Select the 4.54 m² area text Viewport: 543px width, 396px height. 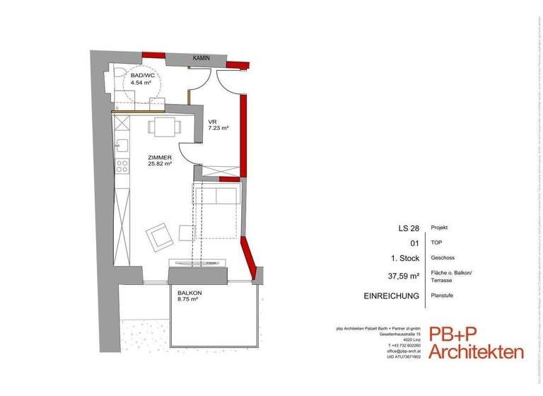(x=141, y=82)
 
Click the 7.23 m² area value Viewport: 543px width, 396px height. (x=217, y=128)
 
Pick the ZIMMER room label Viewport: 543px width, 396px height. (x=159, y=157)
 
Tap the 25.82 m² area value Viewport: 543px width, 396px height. (x=160, y=164)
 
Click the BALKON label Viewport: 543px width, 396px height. (x=189, y=292)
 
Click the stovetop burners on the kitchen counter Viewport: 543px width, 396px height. (x=122, y=167)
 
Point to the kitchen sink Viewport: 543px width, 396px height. (x=122, y=146)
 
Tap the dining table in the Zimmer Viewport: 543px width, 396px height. (x=164, y=128)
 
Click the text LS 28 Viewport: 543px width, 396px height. (x=409, y=228)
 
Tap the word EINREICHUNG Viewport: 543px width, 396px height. (x=392, y=296)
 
